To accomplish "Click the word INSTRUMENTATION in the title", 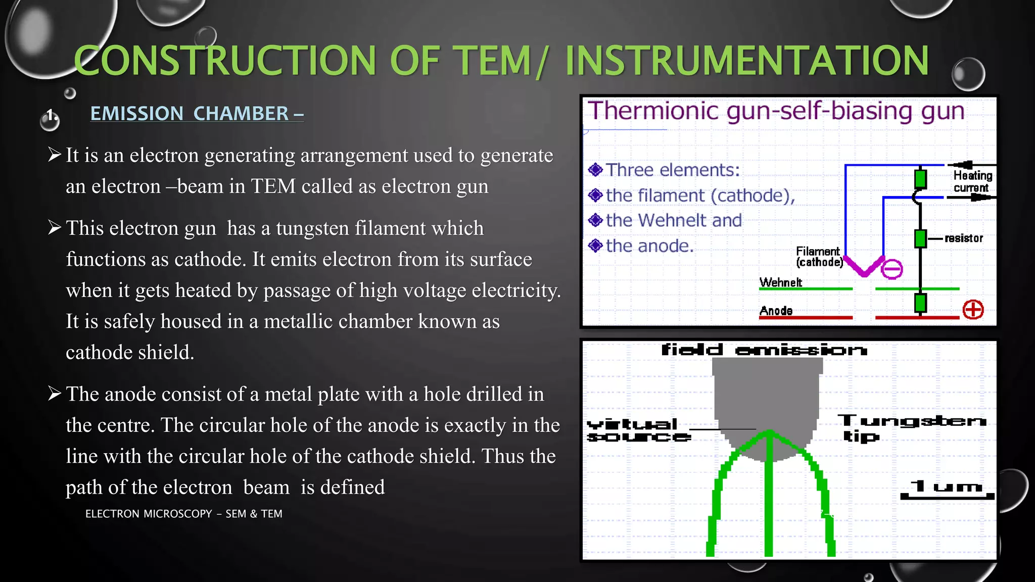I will (746, 61).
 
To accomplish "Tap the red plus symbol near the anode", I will (973, 309).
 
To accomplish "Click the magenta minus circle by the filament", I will (891, 269).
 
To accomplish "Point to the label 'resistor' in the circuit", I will (963, 238).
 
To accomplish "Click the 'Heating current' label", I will (972, 181).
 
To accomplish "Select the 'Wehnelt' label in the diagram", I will (780, 282).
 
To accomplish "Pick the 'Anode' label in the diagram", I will (776, 311).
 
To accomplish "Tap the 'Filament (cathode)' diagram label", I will (819, 257).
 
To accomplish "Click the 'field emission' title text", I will (764, 350).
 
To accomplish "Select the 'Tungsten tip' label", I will (910, 427).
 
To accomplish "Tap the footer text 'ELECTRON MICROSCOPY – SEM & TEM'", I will (183, 514).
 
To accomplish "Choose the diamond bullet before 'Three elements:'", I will (595, 170).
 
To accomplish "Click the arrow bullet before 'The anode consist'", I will (55, 393).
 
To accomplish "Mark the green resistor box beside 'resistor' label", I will (920, 238).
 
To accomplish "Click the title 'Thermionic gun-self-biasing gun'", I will (776, 111).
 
